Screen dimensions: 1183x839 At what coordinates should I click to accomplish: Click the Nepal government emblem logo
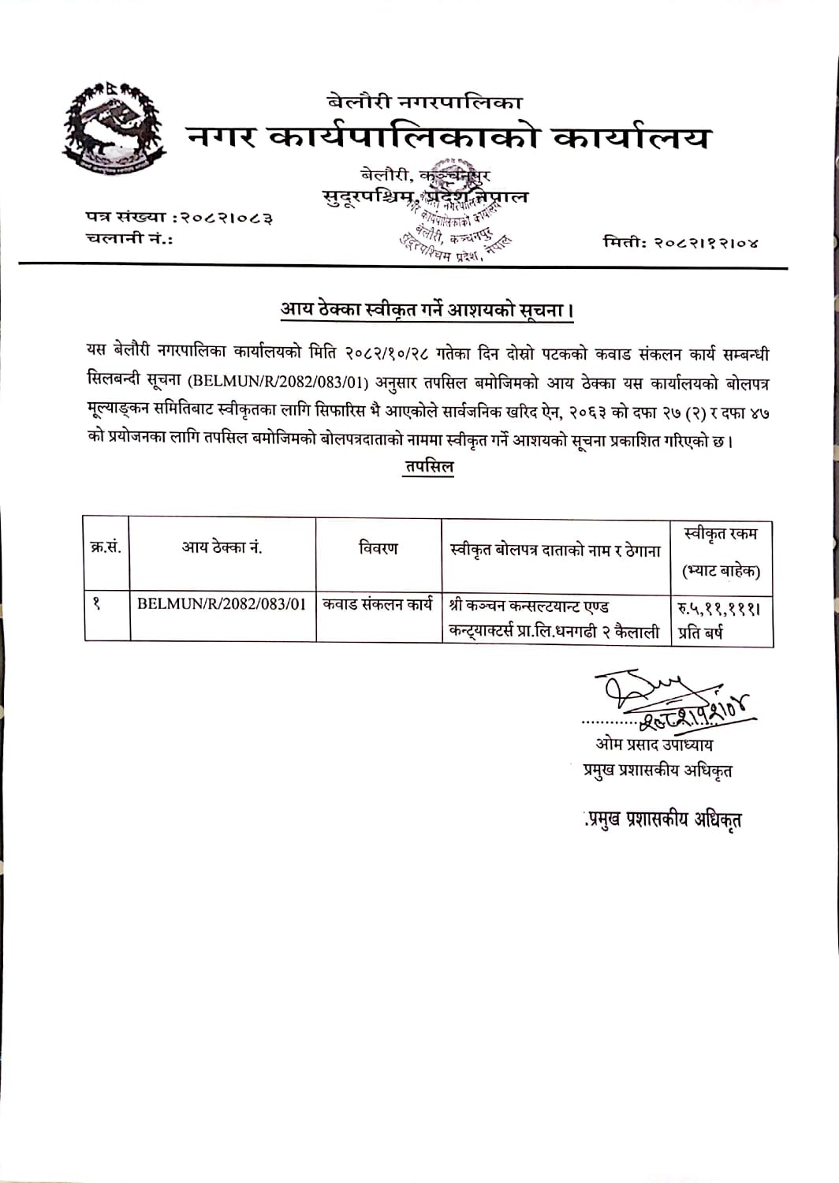tap(114, 131)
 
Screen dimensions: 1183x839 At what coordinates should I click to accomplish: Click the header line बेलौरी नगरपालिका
tap(425, 101)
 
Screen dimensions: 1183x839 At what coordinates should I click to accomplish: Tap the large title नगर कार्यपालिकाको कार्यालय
tap(449, 138)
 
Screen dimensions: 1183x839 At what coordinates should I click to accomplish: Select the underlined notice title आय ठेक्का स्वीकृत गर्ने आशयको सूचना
tap(427, 311)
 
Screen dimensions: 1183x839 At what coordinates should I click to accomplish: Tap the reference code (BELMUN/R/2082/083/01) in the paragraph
tap(278, 383)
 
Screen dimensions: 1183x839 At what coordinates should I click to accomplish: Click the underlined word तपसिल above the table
tap(429, 467)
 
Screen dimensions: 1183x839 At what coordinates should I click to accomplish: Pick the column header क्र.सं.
tap(106, 548)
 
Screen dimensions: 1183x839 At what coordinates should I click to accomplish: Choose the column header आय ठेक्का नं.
tap(222, 548)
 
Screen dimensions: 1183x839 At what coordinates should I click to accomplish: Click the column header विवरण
tap(378, 548)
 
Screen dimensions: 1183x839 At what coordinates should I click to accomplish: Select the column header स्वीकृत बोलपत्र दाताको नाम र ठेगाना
tap(554, 551)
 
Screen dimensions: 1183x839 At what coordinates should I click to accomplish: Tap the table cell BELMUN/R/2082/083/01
tap(222, 605)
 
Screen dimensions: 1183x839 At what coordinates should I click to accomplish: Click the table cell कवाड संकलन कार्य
tap(378, 605)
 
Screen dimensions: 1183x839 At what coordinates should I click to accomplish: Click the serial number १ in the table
tap(96, 605)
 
